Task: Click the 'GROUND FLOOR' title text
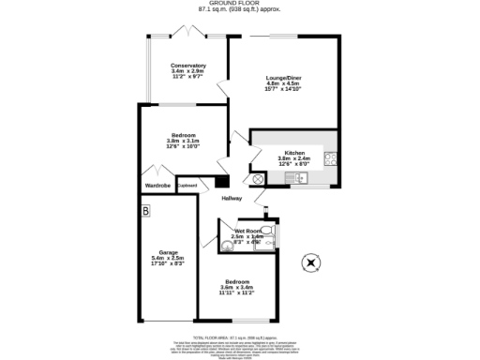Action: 240,4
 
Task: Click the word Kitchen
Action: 294,152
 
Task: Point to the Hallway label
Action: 232,199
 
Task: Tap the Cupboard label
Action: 187,186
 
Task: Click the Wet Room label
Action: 246,230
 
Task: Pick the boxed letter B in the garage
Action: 145,213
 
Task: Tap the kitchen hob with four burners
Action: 331,158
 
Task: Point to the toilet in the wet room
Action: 266,230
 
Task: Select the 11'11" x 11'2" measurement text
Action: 238,293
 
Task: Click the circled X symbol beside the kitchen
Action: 258,178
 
